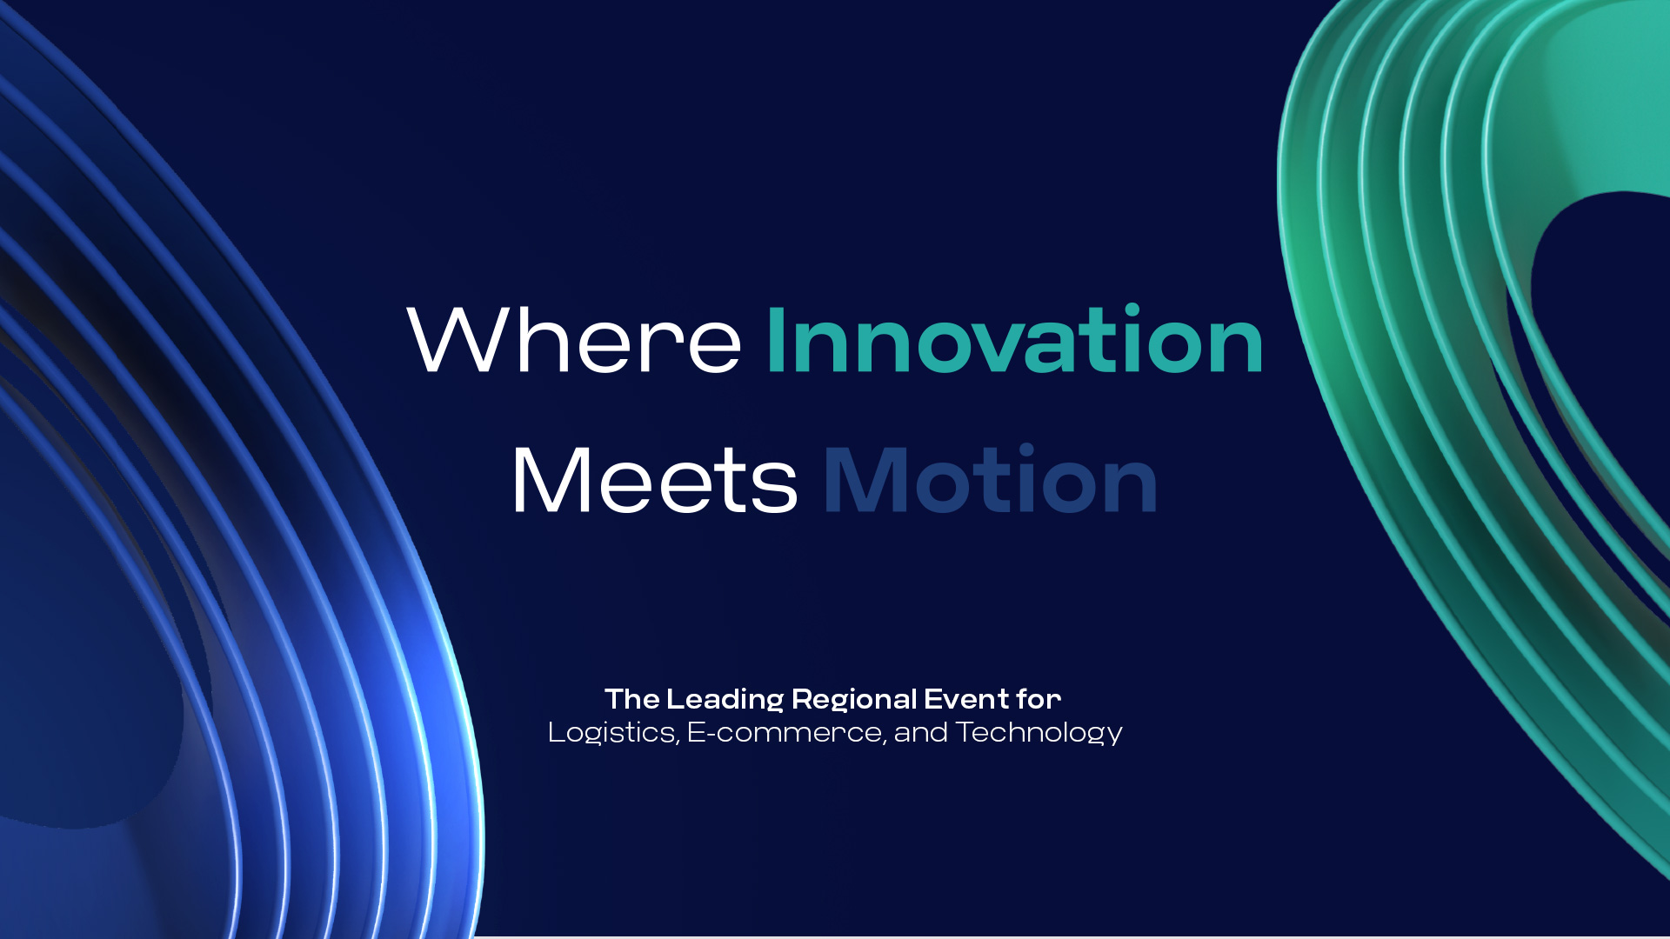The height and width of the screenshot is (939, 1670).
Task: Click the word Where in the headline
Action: [x=574, y=340]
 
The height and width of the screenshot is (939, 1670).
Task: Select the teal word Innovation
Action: [x=1014, y=339]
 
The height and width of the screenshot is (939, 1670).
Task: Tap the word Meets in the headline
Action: [x=654, y=480]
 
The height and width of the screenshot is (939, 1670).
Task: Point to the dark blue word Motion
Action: [x=990, y=479]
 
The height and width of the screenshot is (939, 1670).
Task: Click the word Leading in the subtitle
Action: [x=725, y=700]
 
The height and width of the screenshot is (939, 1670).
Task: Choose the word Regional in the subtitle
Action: [x=854, y=700]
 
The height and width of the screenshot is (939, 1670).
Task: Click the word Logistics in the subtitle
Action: [x=611, y=733]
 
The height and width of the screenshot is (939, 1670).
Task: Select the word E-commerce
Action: [x=785, y=733]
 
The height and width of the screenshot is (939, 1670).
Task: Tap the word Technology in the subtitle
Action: [x=1039, y=733]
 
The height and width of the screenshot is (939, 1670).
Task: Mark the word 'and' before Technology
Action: [x=920, y=733]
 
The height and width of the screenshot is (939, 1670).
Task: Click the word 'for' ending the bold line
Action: [x=1039, y=698]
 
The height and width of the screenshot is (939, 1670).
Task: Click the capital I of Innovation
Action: [x=776, y=340]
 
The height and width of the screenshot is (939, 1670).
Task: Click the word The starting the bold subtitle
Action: [x=632, y=699]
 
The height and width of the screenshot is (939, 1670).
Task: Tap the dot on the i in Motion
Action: [x=1026, y=450]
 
